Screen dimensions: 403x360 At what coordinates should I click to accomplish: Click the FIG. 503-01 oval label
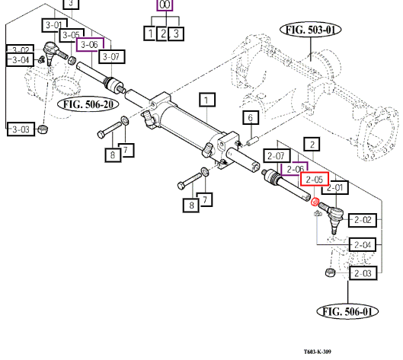(311, 30)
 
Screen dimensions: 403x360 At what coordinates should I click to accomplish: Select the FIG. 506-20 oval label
(88, 104)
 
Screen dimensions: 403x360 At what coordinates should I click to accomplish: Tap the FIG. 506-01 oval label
(347, 311)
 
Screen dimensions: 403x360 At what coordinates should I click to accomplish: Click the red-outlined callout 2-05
(315, 179)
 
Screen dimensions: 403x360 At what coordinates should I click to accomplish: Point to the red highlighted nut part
(315, 202)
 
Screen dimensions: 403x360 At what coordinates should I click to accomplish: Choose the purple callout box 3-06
(90, 44)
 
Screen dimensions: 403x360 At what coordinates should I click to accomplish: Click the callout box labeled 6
(251, 118)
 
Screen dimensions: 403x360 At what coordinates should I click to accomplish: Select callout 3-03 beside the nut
(21, 129)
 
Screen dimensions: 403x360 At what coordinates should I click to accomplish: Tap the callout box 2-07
(277, 156)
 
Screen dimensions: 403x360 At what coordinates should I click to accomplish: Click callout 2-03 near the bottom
(363, 273)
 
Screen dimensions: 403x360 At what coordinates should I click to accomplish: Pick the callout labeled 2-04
(363, 245)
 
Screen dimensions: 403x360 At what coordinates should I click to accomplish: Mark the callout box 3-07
(111, 56)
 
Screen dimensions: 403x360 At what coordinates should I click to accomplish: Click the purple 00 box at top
(165, 5)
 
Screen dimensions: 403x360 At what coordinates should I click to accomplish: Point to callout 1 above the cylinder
(207, 100)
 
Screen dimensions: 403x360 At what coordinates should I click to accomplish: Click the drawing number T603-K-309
(318, 352)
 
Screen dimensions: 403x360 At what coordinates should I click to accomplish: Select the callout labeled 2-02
(363, 220)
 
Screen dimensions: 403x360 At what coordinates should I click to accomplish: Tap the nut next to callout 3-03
(43, 129)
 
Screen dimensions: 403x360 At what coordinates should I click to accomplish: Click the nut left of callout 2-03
(331, 272)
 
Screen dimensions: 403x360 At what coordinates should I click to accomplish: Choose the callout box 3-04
(21, 60)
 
